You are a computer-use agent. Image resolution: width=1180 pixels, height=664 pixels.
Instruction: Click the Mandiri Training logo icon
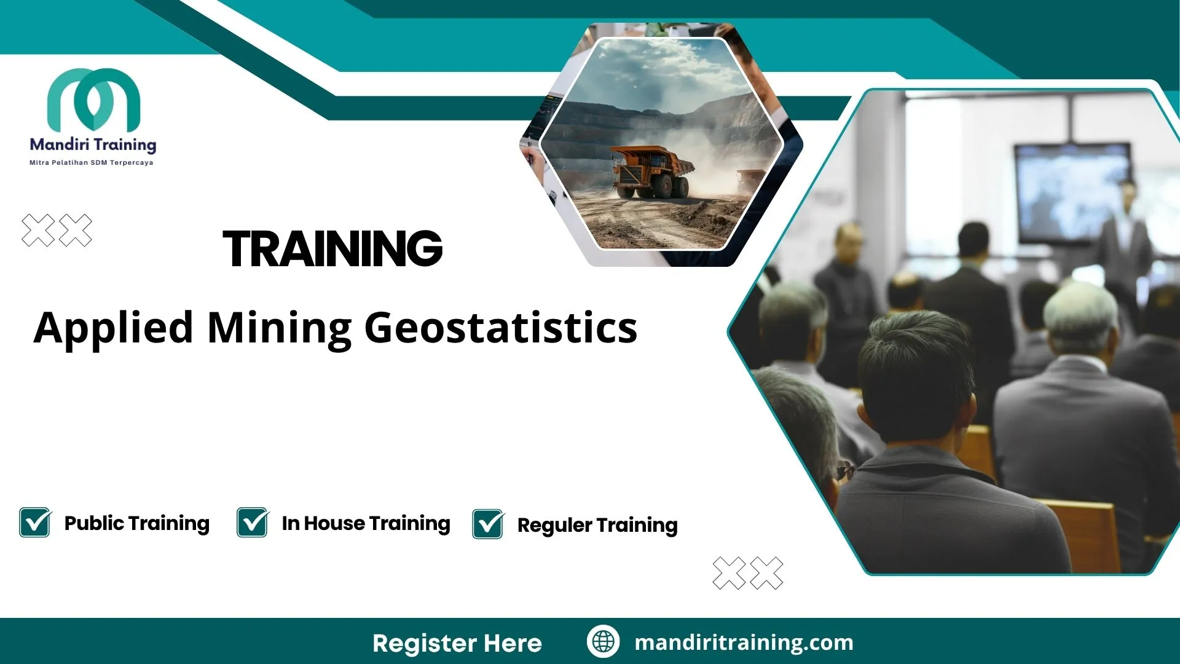point(93,99)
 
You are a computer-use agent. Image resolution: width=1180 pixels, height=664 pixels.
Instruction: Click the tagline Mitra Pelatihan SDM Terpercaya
point(92,163)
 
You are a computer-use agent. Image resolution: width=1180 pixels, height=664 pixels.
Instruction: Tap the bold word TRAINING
point(332,249)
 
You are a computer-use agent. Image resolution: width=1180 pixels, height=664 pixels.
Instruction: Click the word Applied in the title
point(114,328)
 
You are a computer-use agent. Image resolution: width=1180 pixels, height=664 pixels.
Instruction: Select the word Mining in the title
point(280,328)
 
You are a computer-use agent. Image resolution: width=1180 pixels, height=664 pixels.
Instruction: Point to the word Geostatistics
point(501,328)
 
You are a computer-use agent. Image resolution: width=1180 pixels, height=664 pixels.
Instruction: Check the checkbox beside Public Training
point(35,523)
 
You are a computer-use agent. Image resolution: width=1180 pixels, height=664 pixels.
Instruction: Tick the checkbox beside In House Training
point(253,523)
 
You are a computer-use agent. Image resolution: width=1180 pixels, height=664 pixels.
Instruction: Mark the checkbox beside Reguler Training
point(489,524)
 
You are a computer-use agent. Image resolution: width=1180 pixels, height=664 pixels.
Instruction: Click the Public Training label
point(137,523)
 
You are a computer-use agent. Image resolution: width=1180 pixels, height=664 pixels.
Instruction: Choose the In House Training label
point(366,523)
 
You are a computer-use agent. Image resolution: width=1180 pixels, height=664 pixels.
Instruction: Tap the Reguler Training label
point(597,525)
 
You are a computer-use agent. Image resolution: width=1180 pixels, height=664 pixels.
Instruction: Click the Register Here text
point(457,643)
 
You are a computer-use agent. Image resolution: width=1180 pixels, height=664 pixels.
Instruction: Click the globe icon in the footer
point(603,642)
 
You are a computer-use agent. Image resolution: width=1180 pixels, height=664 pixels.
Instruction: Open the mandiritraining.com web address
point(744,642)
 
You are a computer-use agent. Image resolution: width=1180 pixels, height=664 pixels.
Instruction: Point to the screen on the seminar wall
point(1072,192)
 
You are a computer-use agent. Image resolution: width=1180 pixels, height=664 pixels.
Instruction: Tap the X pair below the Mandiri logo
point(57,231)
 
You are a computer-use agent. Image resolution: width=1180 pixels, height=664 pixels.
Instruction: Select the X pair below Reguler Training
point(748,573)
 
